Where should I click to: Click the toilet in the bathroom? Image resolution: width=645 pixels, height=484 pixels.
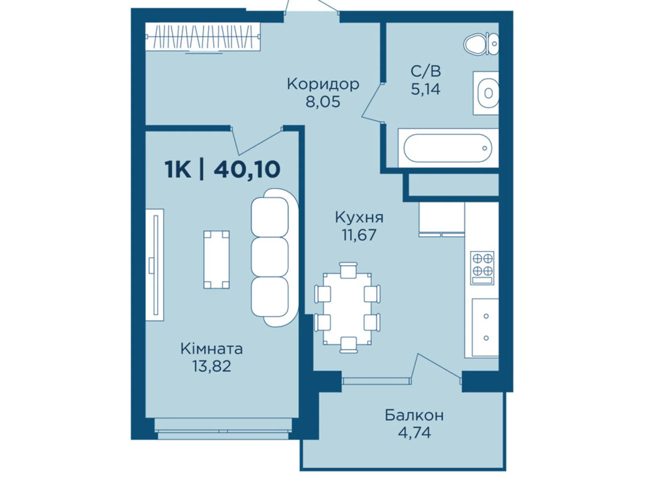coord(481,44)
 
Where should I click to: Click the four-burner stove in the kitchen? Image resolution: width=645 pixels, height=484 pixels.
coord(482,268)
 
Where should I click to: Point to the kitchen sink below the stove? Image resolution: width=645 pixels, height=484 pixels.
coord(485,328)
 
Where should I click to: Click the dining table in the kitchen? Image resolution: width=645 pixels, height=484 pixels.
coord(347,309)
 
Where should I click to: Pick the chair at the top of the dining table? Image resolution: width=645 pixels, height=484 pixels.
coord(348,270)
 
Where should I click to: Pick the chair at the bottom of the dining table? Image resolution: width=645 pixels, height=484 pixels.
coord(349,345)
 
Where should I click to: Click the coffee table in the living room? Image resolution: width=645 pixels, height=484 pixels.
coord(216,259)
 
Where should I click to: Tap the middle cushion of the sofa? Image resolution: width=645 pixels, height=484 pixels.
coord(269,257)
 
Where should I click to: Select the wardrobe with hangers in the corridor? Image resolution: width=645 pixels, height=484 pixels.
coord(203,37)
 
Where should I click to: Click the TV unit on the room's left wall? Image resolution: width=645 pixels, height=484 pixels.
coord(154,265)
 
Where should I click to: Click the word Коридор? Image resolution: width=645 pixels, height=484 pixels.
coord(323,84)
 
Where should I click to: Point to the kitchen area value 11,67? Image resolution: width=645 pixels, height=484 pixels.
coord(359,235)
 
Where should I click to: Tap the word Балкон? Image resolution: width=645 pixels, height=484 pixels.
coord(414,415)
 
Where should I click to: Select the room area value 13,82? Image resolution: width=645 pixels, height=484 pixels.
coord(212,366)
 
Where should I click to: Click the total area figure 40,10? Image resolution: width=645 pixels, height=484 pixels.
coord(247,169)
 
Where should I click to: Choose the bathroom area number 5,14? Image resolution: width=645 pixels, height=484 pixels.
coord(425,89)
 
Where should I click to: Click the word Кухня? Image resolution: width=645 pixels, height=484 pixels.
coord(359,217)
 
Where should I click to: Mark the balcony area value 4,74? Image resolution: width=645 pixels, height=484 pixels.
coord(414,432)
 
